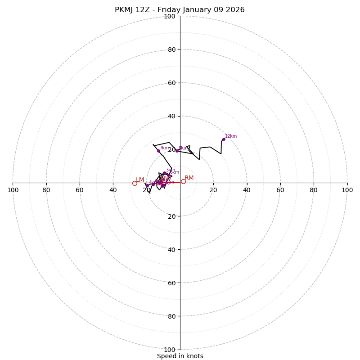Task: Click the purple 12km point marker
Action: [224, 139]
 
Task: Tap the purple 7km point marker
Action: [158, 151]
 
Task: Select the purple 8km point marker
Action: [177, 151]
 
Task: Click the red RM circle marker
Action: [183, 181]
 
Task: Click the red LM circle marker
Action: [135, 183]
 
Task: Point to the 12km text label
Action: [231, 136]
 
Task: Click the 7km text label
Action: [164, 148]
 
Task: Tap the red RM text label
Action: [189, 178]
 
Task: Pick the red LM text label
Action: [140, 180]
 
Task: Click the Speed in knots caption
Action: [180, 356]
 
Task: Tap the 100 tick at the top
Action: [170, 16]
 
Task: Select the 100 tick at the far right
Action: [347, 190]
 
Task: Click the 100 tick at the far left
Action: [13, 190]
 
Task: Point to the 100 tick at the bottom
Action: [170, 349]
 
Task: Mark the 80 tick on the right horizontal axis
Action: [314, 190]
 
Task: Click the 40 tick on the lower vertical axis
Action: [171, 249]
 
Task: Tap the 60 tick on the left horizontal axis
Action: [80, 190]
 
